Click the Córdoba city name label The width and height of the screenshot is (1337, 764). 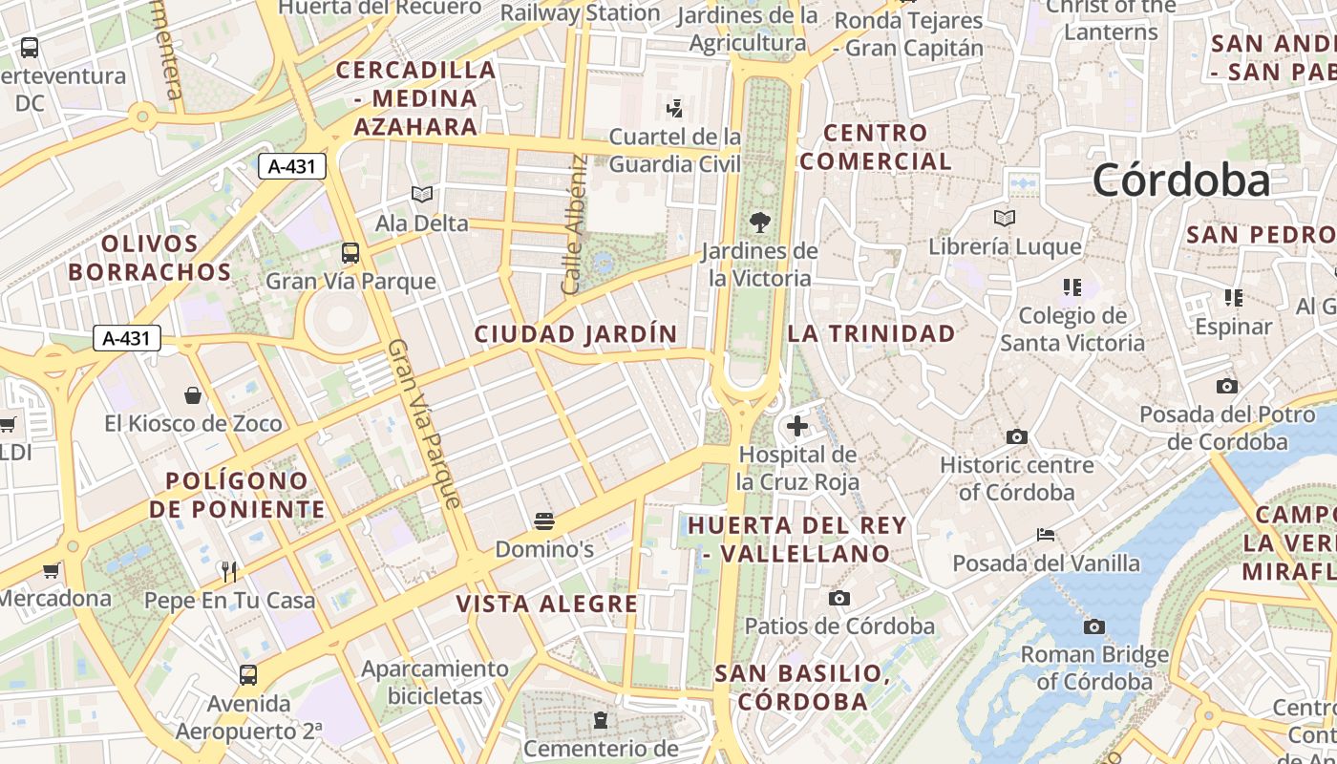coord(1181,180)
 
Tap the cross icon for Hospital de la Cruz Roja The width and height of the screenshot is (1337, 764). coord(797,426)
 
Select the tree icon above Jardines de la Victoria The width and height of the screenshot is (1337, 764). coord(760,223)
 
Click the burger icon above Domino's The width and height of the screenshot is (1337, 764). coord(544,520)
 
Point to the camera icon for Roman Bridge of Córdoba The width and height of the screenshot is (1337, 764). coord(1094,626)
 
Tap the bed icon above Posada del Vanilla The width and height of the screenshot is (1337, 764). coord(1046,535)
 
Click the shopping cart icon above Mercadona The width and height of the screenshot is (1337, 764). coord(51,571)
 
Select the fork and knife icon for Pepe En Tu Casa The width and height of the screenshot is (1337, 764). coord(229,571)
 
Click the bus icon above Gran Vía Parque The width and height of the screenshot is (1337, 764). coord(350,253)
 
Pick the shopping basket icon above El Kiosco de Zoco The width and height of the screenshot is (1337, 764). coord(193,395)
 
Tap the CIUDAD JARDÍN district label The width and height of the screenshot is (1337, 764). coord(576,334)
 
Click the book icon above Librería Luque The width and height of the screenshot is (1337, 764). coord(1004,219)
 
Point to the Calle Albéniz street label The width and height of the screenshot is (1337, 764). coord(573,224)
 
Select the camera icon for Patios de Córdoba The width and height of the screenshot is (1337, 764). coord(838,598)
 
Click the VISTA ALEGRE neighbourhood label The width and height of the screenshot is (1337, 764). coord(547,604)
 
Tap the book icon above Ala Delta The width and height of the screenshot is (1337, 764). coord(421,195)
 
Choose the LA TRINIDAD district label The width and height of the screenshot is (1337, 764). coord(871,333)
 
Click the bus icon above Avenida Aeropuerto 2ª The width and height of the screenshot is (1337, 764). coord(248,675)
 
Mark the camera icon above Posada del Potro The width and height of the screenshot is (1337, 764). coord(1227,387)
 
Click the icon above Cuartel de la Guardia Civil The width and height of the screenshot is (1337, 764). coord(675,109)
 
